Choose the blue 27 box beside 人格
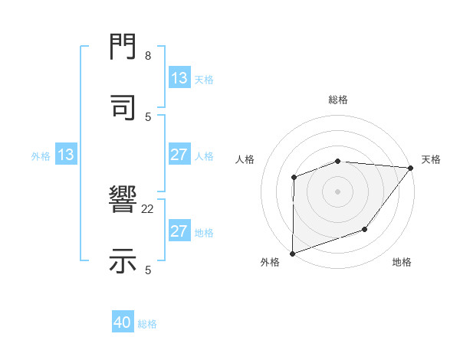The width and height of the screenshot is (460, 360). click(x=179, y=155)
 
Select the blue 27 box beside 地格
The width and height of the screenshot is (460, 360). click(x=179, y=231)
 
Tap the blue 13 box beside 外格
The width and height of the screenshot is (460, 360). click(x=66, y=155)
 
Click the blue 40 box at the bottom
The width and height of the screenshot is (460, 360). click(x=123, y=323)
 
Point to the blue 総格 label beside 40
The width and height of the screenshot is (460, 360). click(x=147, y=324)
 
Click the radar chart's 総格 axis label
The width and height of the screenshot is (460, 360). click(x=338, y=100)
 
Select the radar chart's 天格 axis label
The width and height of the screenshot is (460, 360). click(x=431, y=159)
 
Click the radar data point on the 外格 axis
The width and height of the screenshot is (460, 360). click(x=292, y=254)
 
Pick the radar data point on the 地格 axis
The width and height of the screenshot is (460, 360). click(x=365, y=229)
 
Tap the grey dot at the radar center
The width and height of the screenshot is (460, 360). click(x=337, y=191)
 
